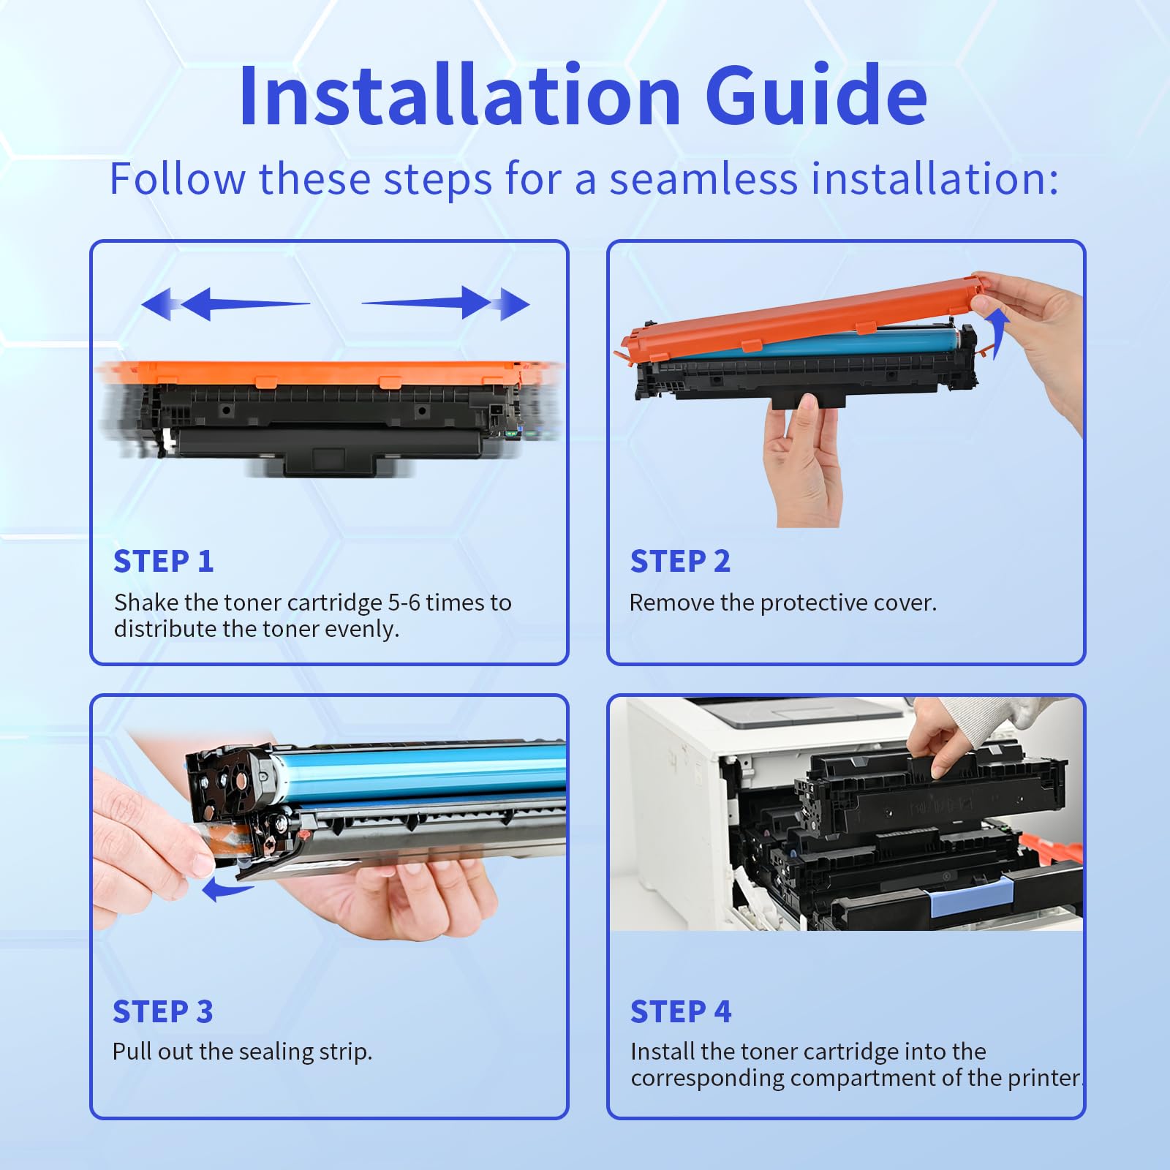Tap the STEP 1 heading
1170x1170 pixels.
[x=164, y=562]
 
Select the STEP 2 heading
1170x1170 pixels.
[x=680, y=562]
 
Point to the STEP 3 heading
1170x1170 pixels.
[x=162, y=1012]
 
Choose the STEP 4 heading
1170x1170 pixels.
[x=681, y=1012]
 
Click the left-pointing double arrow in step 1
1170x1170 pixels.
[x=219, y=303]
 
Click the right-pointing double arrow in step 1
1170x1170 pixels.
[x=453, y=303]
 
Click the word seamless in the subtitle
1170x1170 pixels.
[x=703, y=179]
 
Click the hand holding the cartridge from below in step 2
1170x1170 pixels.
[x=803, y=461]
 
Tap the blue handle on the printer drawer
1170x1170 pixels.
[x=971, y=897]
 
